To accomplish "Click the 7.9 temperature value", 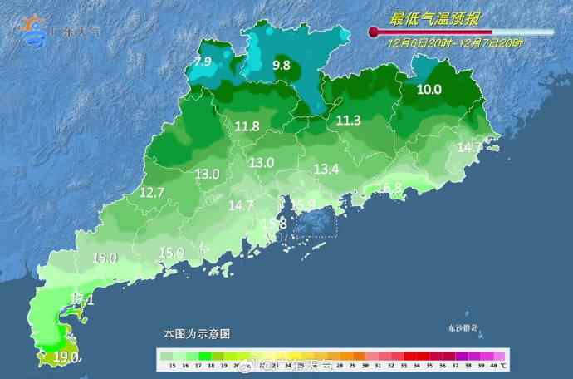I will [x=203, y=62].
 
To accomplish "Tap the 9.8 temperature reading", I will [x=281, y=65].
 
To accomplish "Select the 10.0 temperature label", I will [x=429, y=90].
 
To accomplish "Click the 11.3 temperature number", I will [x=348, y=121].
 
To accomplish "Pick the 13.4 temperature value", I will [x=326, y=170].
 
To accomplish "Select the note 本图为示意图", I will [x=196, y=333].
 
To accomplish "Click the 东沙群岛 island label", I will [x=463, y=328].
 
